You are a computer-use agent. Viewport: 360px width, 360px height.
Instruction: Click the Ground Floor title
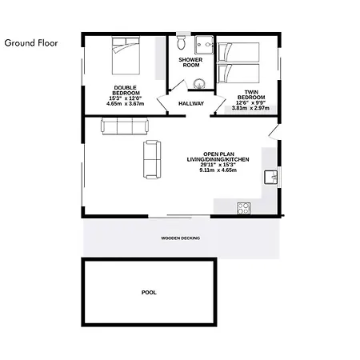point(31,43)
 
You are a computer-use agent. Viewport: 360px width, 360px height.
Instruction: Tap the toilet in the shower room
point(181,42)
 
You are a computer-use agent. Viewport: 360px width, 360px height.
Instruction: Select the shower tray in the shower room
point(204,45)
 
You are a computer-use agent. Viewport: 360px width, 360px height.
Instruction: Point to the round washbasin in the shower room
point(199,84)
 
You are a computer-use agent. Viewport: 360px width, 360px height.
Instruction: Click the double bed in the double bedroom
point(126,56)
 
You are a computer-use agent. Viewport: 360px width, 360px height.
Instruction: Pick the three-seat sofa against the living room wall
point(125,126)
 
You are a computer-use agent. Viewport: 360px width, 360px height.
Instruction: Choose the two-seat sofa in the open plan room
point(152,159)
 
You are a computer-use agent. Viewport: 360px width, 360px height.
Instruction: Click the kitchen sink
point(270,178)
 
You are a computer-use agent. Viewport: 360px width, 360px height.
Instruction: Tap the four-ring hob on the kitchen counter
point(244,208)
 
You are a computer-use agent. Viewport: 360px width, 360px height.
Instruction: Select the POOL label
point(149,293)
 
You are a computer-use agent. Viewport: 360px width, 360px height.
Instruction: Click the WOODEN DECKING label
point(180,238)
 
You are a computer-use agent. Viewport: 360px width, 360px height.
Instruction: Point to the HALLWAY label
point(191,103)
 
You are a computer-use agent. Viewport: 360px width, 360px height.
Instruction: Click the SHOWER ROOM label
point(190,62)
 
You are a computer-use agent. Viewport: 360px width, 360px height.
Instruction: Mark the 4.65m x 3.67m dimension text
point(126,104)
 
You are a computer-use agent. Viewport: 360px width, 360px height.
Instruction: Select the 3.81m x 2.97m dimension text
point(250,108)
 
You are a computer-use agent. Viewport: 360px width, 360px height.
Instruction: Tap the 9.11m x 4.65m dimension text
point(218,170)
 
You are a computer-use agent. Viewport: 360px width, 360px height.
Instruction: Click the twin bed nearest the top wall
point(238,52)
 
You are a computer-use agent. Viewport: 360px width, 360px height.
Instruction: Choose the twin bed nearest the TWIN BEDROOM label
point(238,73)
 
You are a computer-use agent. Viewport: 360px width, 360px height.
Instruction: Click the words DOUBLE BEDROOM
point(126,90)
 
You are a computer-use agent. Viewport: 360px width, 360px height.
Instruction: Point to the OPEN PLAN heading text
point(218,154)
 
